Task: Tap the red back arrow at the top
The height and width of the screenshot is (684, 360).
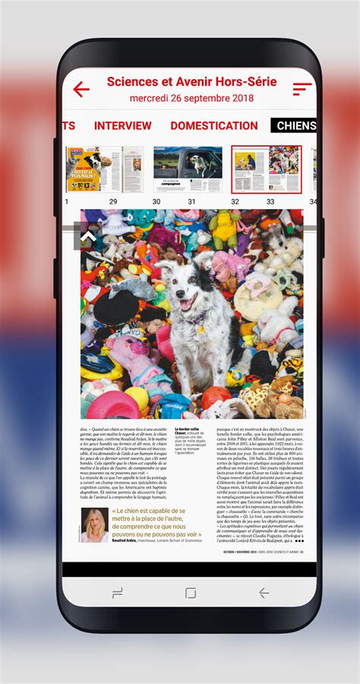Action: point(81,89)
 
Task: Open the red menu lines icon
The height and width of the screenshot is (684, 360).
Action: point(302,89)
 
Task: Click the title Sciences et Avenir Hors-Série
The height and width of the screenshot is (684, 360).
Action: point(191,82)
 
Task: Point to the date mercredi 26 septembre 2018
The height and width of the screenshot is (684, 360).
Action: point(191,98)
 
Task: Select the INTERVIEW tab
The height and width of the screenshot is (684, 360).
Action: point(122,126)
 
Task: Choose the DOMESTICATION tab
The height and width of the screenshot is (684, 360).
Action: point(214,126)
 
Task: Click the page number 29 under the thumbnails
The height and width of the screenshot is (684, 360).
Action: point(113,201)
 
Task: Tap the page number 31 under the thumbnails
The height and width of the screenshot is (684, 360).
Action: point(192,201)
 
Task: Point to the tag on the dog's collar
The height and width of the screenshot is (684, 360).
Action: point(201,330)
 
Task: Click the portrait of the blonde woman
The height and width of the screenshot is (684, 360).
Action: point(95,525)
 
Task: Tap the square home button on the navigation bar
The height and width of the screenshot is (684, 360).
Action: point(191,592)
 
